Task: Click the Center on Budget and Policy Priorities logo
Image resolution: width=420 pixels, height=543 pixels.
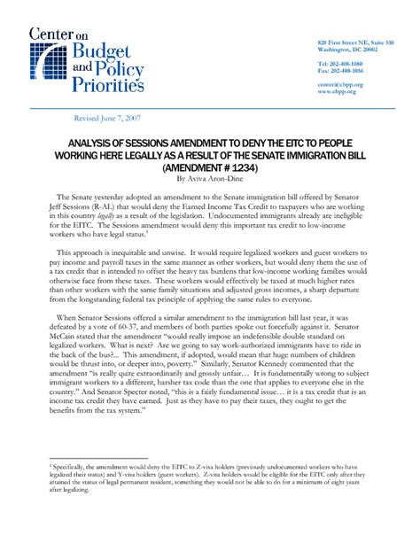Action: (84, 61)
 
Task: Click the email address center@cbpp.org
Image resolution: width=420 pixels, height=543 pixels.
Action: (339, 84)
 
